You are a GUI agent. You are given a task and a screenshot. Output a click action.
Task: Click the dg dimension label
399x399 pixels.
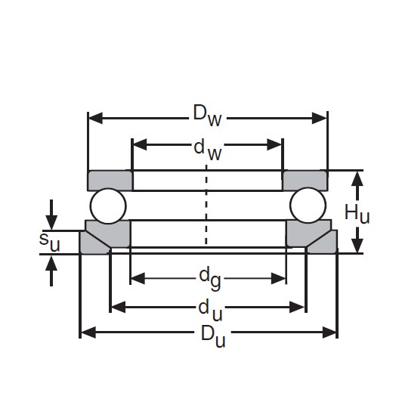point(208,279)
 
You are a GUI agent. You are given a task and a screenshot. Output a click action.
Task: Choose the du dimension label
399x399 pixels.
point(208,307)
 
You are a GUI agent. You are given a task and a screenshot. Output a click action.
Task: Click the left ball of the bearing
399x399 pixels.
point(107,206)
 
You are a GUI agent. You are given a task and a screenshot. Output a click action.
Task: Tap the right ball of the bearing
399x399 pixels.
point(308,206)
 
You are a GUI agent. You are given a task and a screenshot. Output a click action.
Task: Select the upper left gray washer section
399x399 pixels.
point(110,181)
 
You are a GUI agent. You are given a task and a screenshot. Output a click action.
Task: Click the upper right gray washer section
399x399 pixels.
point(305,181)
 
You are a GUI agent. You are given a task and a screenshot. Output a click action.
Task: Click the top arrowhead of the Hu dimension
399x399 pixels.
point(357,177)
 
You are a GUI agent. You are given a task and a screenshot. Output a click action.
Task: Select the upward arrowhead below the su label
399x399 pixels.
point(51,261)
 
